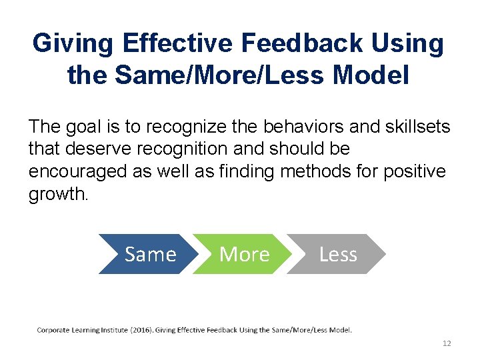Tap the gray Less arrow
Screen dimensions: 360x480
pyautogui.click(x=337, y=254)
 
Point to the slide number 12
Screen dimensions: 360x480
pyautogui.click(x=447, y=343)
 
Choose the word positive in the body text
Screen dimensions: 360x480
pyautogui.click(x=415, y=171)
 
